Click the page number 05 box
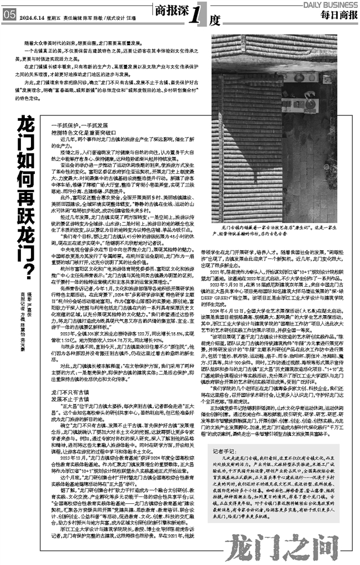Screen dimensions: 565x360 coord(9,17)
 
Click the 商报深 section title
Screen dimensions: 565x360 coord(170,10)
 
